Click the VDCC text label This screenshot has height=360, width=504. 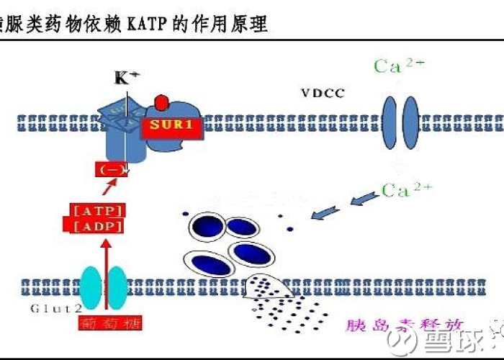pos(323,93)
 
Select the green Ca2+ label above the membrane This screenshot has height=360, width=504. pos(399,66)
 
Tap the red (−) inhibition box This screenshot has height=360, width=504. pos(112,170)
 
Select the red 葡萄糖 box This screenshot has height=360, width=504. pos(104,323)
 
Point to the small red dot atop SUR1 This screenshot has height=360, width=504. pos(162,102)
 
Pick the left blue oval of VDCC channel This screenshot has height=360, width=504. pos(389,120)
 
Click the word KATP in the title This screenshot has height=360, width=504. pos(150,24)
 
